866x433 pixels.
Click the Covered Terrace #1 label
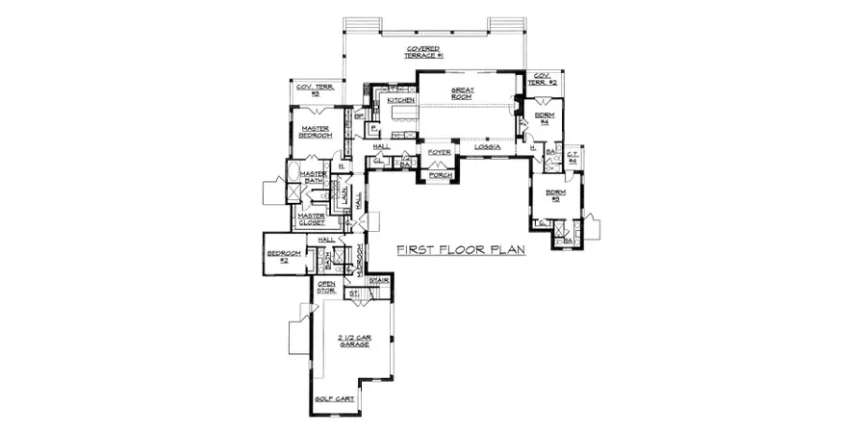tap(423, 52)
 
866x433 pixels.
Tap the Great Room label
tap(465, 95)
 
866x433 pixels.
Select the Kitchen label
tap(400, 100)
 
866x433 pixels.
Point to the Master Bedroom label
tap(316, 132)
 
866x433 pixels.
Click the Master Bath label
tap(314, 177)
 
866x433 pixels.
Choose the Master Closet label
tap(312, 219)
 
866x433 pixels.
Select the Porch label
tap(441, 175)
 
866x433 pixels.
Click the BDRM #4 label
tap(543, 118)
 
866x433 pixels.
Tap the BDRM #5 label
tap(555, 196)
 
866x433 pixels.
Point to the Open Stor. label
tap(326, 287)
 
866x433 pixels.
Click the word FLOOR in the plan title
tap(461, 250)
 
